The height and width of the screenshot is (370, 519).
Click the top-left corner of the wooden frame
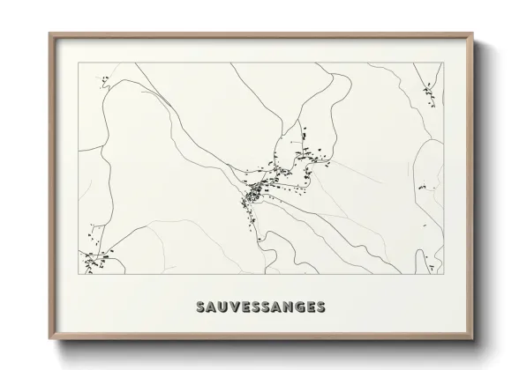[49, 33]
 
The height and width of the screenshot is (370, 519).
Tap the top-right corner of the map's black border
[444, 64]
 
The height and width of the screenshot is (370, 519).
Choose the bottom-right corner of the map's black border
[444, 274]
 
